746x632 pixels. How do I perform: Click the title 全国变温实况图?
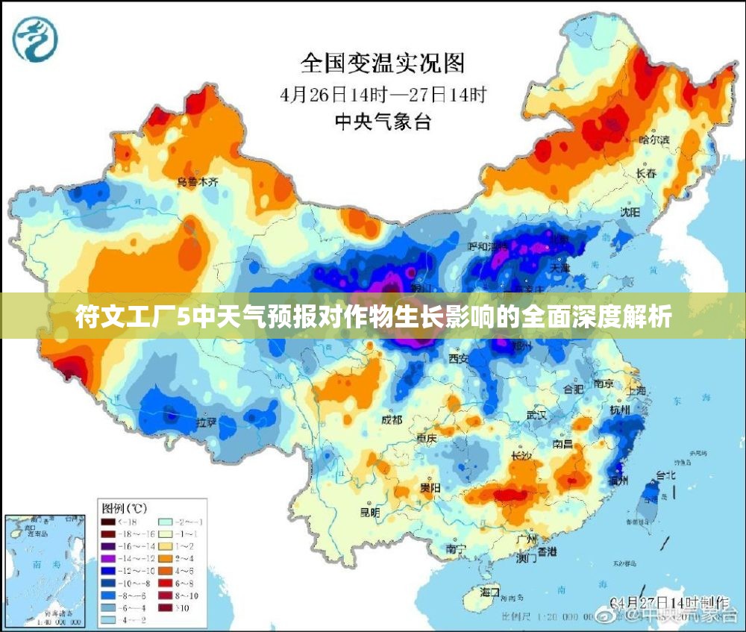pyautogui.click(x=382, y=63)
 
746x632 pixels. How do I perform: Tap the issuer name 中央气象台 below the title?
pyautogui.click(x=382, y=122)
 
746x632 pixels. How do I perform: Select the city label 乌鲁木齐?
pyautogui.click(x=197, y=182)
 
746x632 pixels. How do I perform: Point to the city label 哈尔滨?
pyautogui.click(x=654, y=140)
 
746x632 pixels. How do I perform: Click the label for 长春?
pyautogui.click(x=646, y=172)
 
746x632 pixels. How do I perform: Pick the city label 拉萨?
pyautogui.click(x=206, y=423)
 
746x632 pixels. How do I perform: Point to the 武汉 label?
pyautogui.click(x=536, y=414)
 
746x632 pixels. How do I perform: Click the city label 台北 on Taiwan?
pyautogui.click(x=665, y=475)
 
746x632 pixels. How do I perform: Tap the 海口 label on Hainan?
pyautogui.click(x=489, y=592)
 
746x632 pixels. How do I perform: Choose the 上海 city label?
pyautogui.click(x=636, y=390)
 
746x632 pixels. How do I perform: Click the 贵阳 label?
pyautogui.click(x=430, y=488)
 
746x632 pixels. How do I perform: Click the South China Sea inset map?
pyautogui.click(x=46, y=569)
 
